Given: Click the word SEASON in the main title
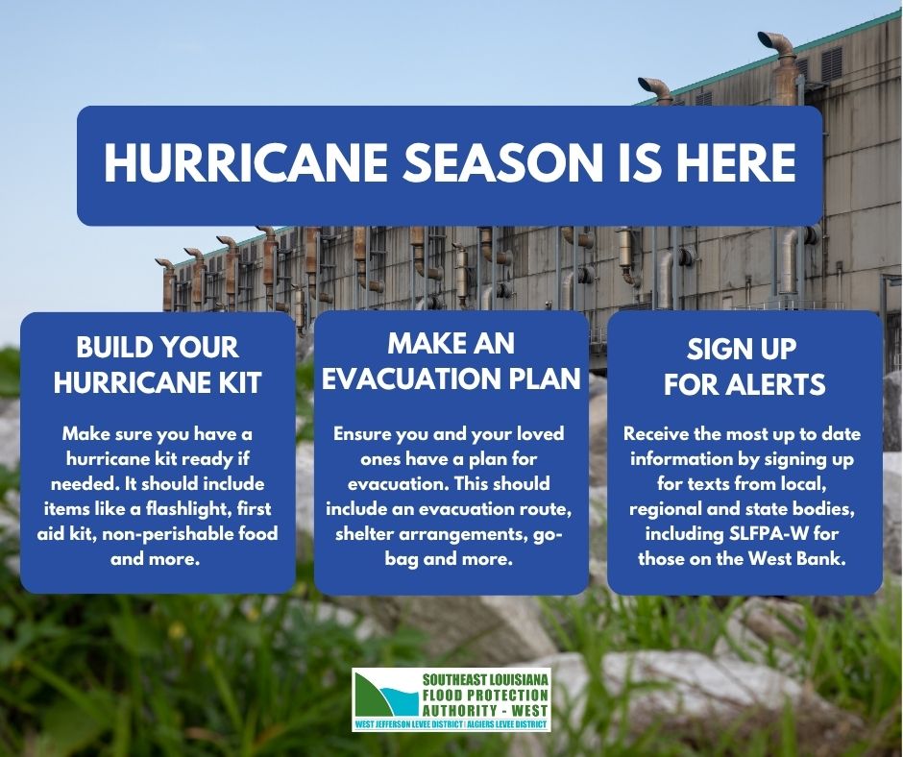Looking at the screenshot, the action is (x=500, y=163).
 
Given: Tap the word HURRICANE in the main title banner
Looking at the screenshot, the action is (x=246, y=163).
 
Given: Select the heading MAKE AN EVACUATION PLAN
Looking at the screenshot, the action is (x=451, y=361).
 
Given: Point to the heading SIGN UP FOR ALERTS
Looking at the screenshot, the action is (x=744, y=366).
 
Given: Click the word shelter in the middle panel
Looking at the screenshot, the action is (x=364, y=533).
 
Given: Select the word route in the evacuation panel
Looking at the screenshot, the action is (x=546, y=509).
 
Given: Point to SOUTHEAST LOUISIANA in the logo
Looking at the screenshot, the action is (x=485, y=680).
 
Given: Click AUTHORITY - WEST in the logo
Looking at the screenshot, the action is (x=485, y=710).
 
